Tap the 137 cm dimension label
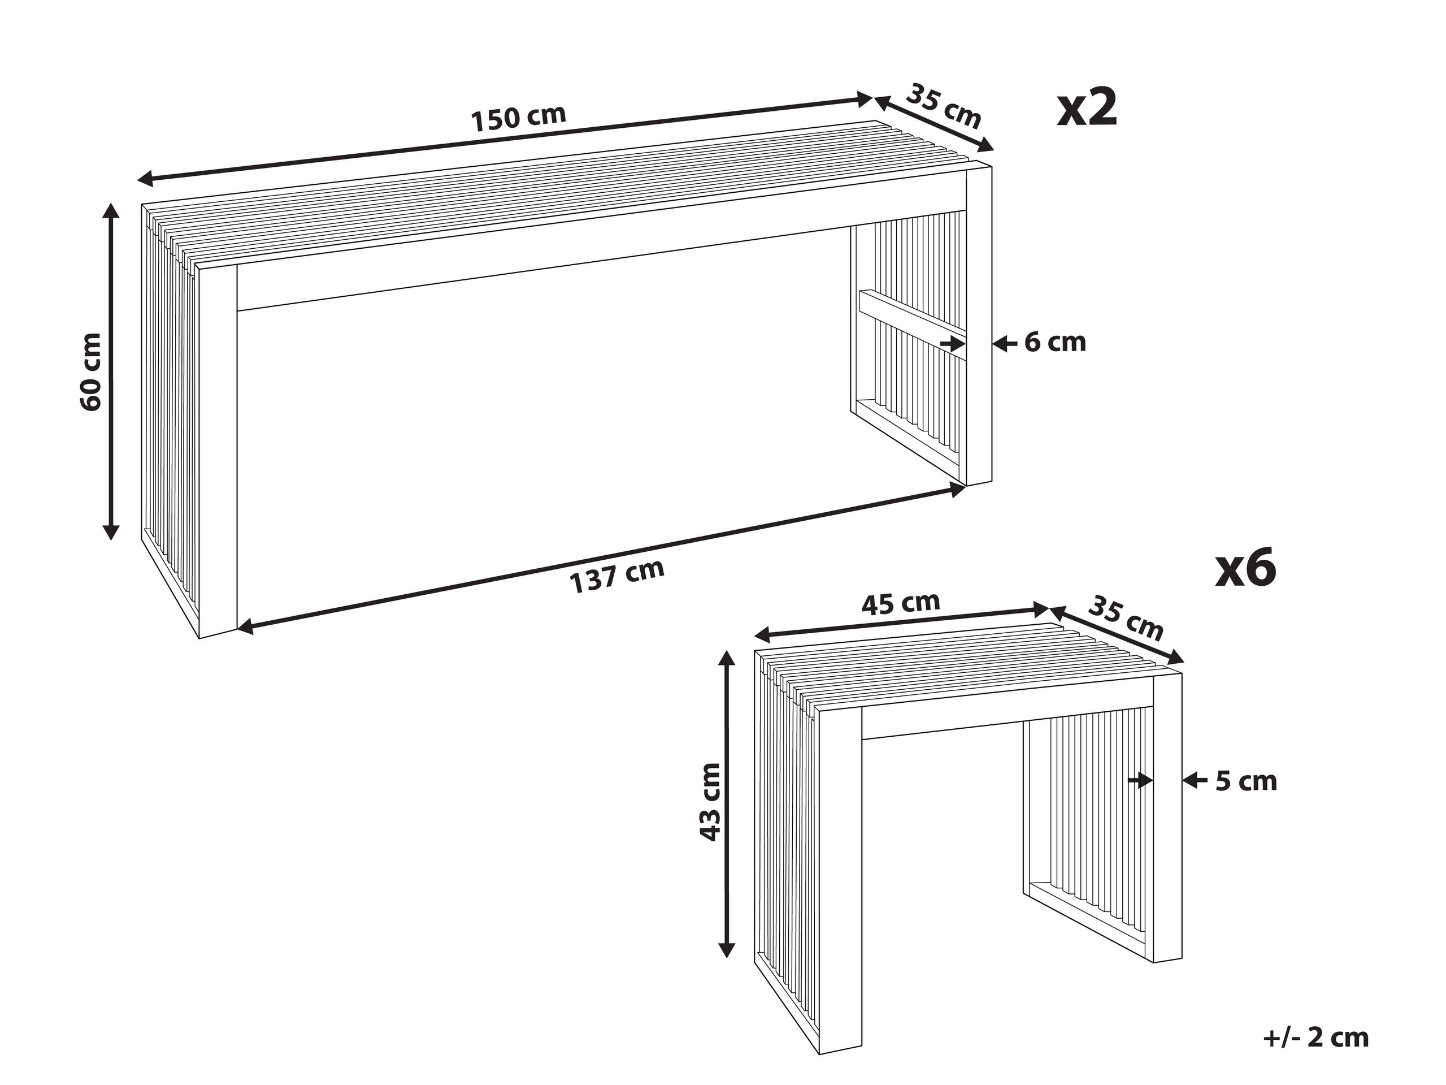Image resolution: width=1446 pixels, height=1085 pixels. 617,576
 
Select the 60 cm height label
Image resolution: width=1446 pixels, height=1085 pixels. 91,371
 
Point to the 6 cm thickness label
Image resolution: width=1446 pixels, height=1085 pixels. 1054,342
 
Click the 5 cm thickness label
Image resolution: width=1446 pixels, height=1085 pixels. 1245,781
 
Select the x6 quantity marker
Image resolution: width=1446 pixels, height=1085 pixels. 1245,568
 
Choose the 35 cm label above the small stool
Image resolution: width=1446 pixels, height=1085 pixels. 1126,619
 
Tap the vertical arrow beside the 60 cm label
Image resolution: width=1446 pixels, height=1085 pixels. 112,371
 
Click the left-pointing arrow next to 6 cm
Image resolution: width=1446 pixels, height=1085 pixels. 1005,343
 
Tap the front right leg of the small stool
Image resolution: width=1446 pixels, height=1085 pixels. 1167,817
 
